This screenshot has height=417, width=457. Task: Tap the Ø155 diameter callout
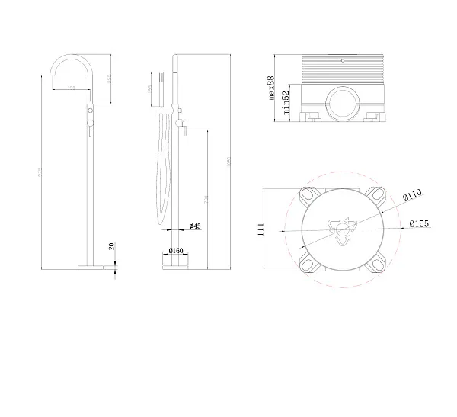coord(418,224)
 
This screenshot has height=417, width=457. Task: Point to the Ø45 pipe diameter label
coord(194,226)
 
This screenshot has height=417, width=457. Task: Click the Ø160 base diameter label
coord(175,250)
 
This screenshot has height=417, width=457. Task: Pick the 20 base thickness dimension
coord(111,246)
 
